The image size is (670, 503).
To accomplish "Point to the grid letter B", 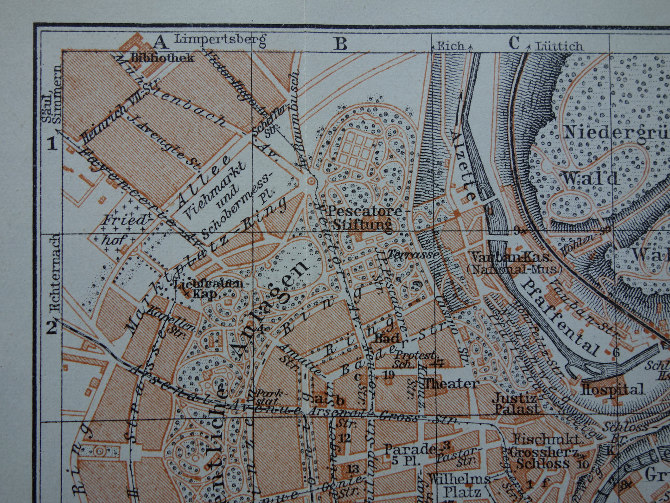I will coord(341,44).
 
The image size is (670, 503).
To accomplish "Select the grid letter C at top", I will coord(514,44).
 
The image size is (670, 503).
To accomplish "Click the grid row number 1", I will coord(52,144).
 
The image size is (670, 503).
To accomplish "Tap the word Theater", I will coord(452,383).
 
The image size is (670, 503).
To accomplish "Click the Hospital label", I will coord(613,389).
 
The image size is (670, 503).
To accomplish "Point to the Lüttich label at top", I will coord(559,46).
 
